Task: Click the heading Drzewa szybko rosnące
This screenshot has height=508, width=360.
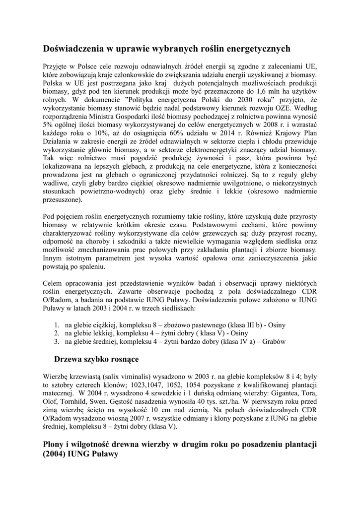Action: click(x=96, y=359)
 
